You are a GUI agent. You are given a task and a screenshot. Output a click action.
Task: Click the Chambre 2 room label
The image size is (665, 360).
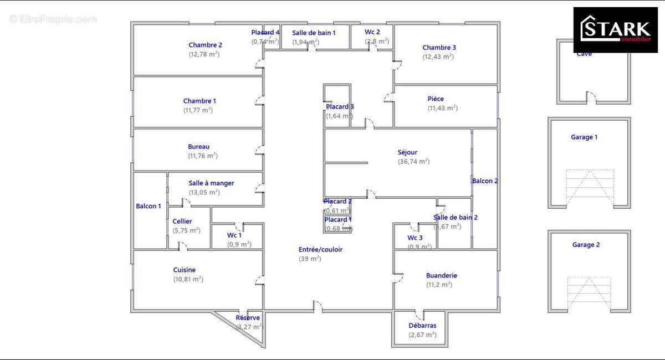point(205,45)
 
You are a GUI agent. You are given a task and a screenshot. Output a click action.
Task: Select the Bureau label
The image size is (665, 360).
point(198,147)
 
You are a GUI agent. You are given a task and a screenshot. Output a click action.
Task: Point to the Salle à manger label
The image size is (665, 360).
point(211,183)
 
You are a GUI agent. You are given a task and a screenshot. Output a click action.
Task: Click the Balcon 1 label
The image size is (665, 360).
point(149,206)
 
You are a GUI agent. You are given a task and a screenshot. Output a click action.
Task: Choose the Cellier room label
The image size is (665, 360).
point(182,222)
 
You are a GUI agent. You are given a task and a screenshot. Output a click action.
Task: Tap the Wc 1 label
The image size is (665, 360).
point(234,235)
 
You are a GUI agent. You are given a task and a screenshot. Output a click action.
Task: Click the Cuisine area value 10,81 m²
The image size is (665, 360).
point(188,279)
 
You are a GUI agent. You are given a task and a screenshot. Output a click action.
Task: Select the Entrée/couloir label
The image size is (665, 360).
point(320,250)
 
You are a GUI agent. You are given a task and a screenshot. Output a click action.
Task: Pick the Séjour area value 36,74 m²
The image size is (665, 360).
point(413,162)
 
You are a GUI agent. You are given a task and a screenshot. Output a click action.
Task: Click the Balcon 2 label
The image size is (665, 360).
point(485,181)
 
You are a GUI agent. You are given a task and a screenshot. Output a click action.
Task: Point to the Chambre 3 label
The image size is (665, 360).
point(439,48)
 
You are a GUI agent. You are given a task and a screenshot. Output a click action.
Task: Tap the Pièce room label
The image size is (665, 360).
point(436,99)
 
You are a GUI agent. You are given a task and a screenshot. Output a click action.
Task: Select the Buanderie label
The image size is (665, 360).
point(442,275)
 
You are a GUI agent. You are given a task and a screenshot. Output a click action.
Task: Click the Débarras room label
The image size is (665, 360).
point(422,326)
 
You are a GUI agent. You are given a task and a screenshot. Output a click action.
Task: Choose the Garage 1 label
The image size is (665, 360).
point(584,137)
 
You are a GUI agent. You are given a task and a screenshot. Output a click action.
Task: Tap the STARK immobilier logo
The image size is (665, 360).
point(615,29)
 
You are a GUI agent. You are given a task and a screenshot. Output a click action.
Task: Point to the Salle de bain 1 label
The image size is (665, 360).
point(314,33)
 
